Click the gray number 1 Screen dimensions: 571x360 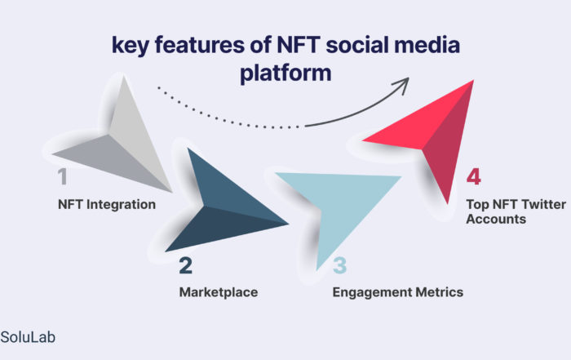[x=63, y=176]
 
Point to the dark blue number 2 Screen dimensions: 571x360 [x=186, y=265]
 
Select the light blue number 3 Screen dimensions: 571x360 [x=340, y=265]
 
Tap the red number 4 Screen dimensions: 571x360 [x=474, y=177]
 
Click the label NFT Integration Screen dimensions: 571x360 [x=107, y=204]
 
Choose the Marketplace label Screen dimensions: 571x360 [x=219, y=292]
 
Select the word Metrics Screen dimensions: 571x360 [x=440, y=292]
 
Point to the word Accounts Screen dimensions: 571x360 [x=496, y=219]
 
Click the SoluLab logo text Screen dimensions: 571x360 [x=28, y=337]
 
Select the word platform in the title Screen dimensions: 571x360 [x=285, y=73]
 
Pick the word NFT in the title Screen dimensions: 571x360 [x=299, y=45]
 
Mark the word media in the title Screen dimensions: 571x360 [x=427, y=45]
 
